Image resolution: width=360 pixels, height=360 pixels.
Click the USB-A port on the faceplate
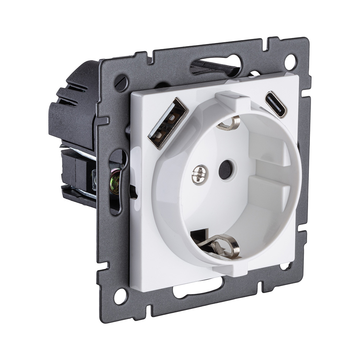[x=167, y=123]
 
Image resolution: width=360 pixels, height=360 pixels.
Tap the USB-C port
[x=276, y=104]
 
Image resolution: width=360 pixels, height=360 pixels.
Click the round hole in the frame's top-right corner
[x=290, y=61]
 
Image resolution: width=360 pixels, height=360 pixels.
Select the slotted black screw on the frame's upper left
[x=121, y=83]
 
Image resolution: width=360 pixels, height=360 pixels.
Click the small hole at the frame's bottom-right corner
[x=285, y=266]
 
